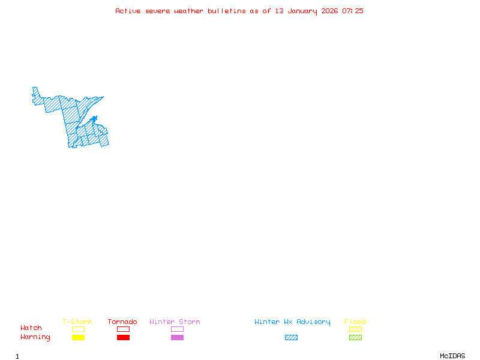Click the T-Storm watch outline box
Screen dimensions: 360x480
tap(78, 329)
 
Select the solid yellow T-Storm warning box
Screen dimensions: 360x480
tap(78, 337)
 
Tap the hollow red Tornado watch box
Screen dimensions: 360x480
tap(123, 329)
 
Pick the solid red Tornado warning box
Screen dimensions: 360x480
tap(123, 337)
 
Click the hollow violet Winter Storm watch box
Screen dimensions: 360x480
tap(177, 329)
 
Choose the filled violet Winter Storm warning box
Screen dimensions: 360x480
tap(177, 337)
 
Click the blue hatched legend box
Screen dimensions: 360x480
tap(291, 337)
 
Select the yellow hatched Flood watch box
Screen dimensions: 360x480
tap(355, 329)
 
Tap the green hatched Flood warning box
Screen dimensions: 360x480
tap(355, 337)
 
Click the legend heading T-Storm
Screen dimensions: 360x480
tap(77, 322)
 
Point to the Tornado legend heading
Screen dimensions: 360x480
tap(122, 322)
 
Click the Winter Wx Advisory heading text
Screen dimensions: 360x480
tap(292, 322)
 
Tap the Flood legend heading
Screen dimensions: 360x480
tap(355, 322)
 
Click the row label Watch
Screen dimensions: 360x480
tap(31, 328)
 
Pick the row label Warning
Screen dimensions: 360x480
tap(35, 337)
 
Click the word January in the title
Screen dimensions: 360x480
tap(303, 11)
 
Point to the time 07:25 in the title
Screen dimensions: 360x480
tap(353, 11)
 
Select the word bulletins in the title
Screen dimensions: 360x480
tap(227, 11)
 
